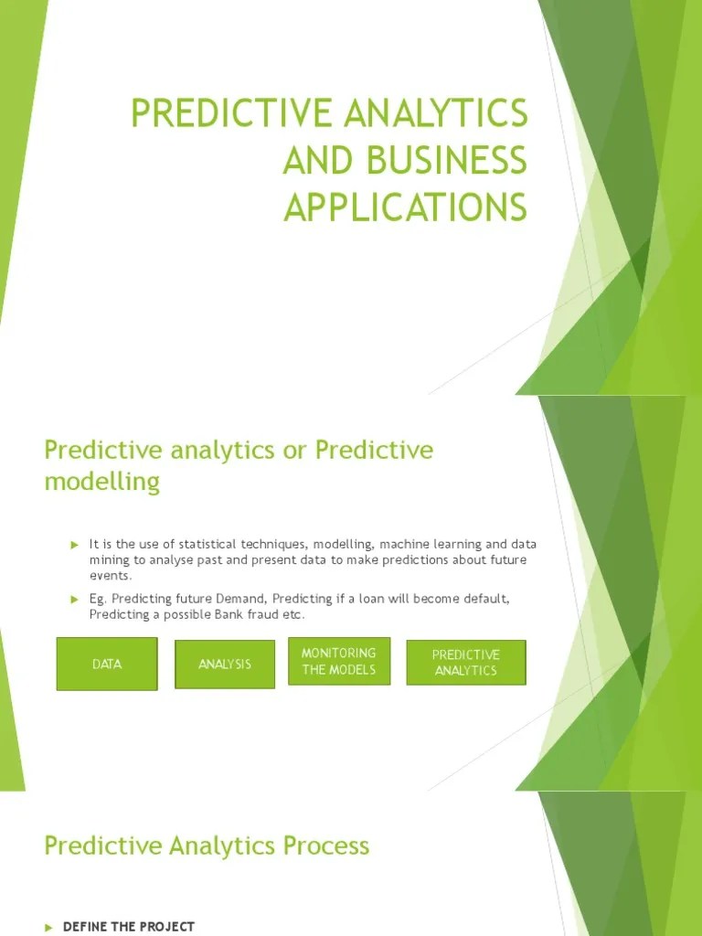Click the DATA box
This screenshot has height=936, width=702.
[x=107, y=664]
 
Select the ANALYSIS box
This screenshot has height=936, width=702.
[x=225, y=664]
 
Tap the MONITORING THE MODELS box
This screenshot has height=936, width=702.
[x=339, y=661]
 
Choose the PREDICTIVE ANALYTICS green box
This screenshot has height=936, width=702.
[x=466, y=663]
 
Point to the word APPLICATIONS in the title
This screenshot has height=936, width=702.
[x=406, y=207]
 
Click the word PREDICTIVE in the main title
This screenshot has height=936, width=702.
[x=229, y=113]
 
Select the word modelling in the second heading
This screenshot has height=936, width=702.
[x=102, y=482]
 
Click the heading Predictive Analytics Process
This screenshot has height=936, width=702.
[x=207, y=846]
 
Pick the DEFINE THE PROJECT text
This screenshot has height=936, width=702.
[x=129, y=927]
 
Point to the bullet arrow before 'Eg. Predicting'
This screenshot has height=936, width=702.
[x=76, y=599]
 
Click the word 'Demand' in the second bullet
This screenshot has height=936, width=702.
[x=239, y=599]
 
